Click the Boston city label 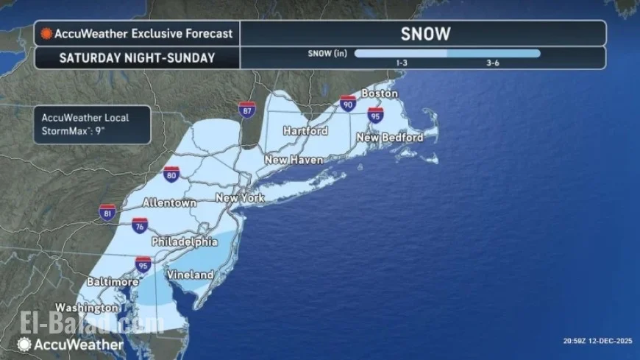[x=379, y=93]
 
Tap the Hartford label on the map [x=306, y=131]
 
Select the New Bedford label [x=389, y=138]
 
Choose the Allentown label [x=169, y=202]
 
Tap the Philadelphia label [x=185, y=241]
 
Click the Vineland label [x=189, y=275]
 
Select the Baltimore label [x=113, y=281]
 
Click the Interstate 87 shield [x=247, y=110]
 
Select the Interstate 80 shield [x=172, y=175]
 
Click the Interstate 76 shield [x=140, y=225]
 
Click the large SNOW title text [x=425, y=33]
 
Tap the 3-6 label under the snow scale [x=494, y=63]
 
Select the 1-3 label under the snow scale [x=402, y=63]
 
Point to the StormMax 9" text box [x=91, y=124]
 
